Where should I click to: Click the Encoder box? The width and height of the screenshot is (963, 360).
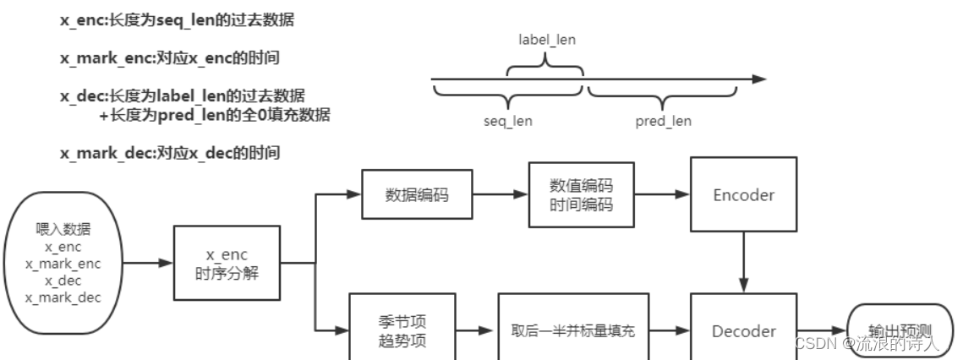(x=743, y=195)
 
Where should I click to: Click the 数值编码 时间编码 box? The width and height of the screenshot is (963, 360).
(x=581, y=195)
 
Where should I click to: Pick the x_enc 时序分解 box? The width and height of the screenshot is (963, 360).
(x=227, y=263)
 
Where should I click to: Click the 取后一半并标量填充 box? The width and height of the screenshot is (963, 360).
(x=573, y=330)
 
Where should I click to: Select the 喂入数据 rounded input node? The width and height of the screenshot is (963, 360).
(x=63, y=263)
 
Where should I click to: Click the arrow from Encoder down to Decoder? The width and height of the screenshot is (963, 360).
(x=743, y=262)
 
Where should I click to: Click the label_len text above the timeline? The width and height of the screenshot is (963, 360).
(x=546, y=40)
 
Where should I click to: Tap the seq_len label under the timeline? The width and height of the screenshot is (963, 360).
(x=507, y=121)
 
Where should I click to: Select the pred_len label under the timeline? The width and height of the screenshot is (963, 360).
(x=663, y=121)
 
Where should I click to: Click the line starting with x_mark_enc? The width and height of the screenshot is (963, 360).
(x=170, y=58)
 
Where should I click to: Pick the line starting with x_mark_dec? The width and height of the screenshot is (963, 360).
(x=170, y=153)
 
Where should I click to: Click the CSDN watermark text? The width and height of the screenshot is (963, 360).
(x=867, y=343)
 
